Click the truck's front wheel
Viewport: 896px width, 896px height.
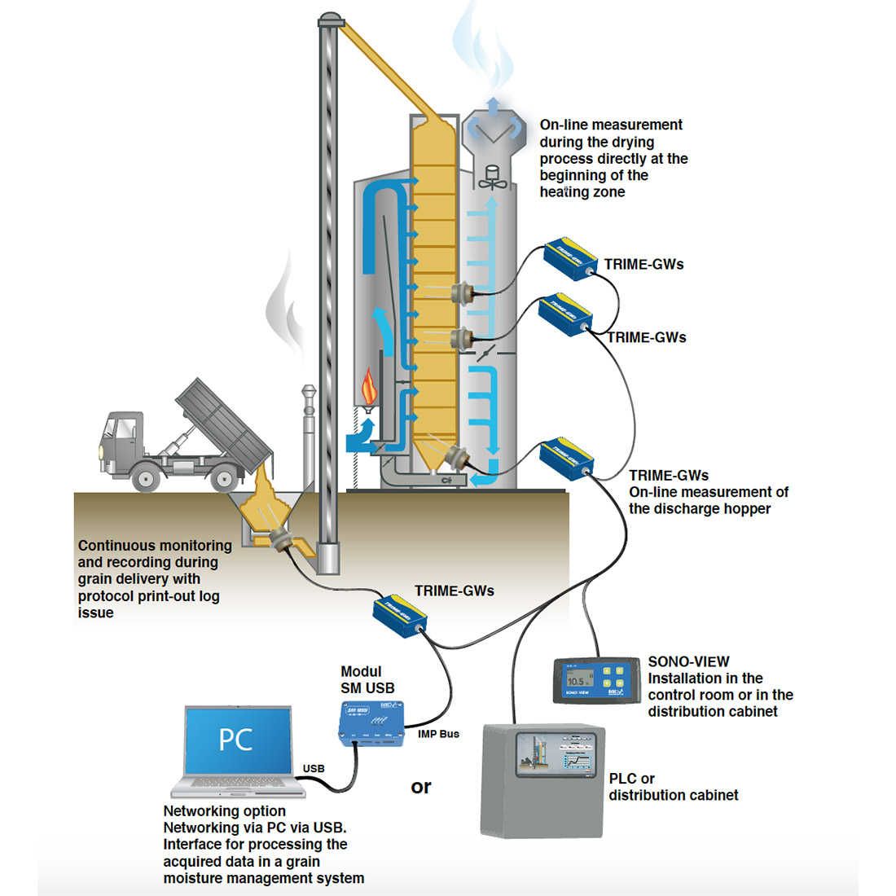[x=146, y=478]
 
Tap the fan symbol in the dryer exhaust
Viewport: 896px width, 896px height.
[x=491, y=178]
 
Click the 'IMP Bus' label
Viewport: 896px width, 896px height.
[x=438, y=734]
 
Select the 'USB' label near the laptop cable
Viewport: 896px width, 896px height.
[x=314, y=768]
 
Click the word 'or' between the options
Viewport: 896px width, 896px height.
[x=421, y=787]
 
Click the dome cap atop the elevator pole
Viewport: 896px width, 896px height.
[x=329, y=18]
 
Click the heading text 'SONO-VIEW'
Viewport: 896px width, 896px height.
[x=688, y=661]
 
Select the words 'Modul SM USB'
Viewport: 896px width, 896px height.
[x=367, y=680]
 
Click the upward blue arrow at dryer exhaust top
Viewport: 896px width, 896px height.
[x=492, y=107]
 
